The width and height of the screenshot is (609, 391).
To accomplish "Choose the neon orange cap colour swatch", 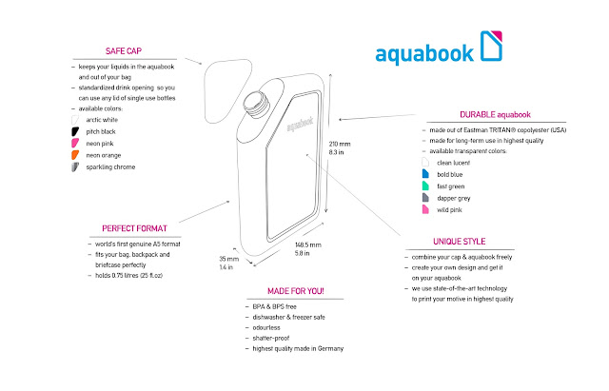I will coord(73,153).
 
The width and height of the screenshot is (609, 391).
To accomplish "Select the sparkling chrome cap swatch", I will coord(73,167).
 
